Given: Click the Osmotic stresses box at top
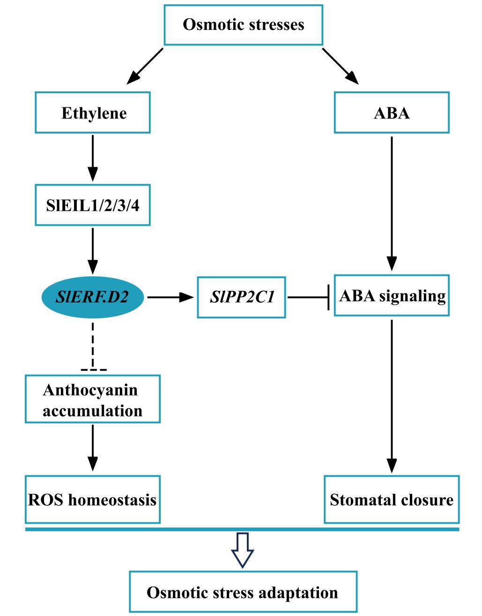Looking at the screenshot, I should (243, 25).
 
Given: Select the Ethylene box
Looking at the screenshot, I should (93, 112).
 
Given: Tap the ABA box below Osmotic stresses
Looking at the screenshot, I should (392, 112).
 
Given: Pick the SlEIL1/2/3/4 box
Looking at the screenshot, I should (93, 205).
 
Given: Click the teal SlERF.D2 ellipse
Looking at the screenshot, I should (93, 297).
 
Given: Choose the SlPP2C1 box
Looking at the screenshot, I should (241, 297).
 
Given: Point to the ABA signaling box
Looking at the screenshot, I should (392, 296).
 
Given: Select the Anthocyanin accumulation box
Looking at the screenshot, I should (93, 399).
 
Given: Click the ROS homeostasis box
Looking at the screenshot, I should (93, 499).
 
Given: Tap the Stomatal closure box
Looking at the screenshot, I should (392, 499).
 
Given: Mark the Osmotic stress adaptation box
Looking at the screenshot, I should (243, 592).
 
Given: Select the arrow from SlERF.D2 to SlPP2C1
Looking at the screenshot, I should (170, 297).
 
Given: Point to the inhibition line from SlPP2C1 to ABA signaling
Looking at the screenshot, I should (308, 297).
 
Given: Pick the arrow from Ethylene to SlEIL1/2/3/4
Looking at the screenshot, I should (93, 157).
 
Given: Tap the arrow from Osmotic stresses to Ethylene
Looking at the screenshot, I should (145, 66).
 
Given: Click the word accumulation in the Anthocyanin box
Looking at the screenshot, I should (93, 411).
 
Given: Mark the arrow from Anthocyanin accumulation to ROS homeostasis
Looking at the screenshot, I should (93, 447).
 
